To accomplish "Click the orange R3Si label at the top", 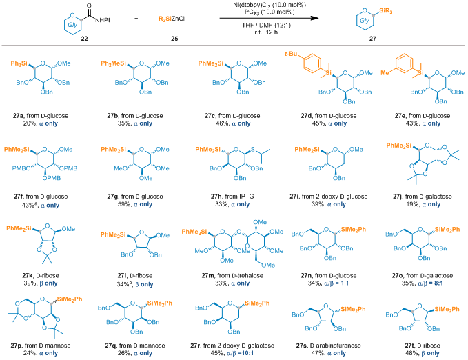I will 165,18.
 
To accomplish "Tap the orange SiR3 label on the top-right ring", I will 387,12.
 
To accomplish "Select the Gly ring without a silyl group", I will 74,24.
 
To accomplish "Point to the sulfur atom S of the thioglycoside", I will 253,149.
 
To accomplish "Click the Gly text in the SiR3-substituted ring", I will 365,21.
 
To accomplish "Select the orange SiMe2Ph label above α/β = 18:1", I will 256,303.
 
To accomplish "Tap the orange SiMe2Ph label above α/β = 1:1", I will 355,229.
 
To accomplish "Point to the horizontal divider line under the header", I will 234,46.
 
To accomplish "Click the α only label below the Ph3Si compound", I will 48,123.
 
